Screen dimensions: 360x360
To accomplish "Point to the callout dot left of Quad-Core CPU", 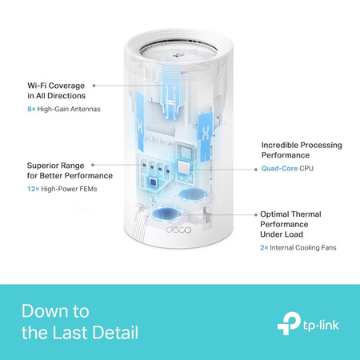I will coord(254,169).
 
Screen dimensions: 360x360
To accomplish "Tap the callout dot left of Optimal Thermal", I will coord(254,215).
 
